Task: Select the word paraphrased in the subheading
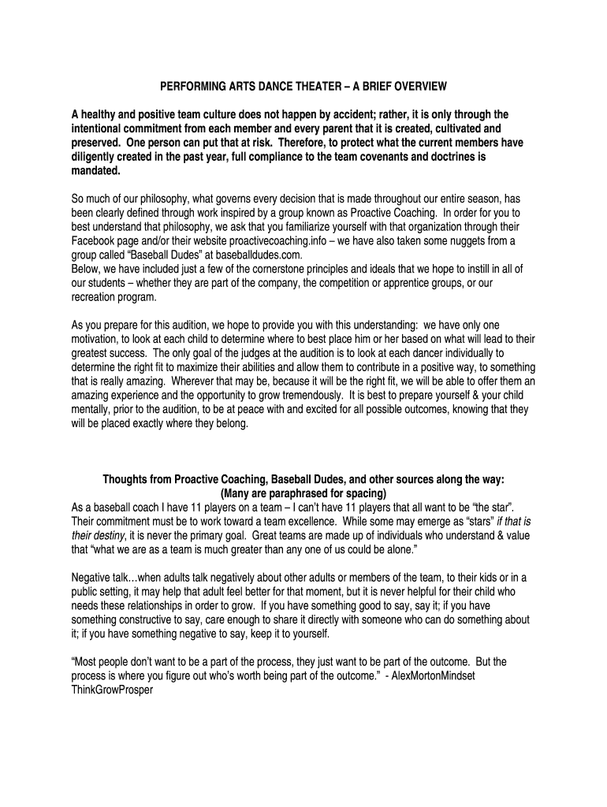pos(290,495)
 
